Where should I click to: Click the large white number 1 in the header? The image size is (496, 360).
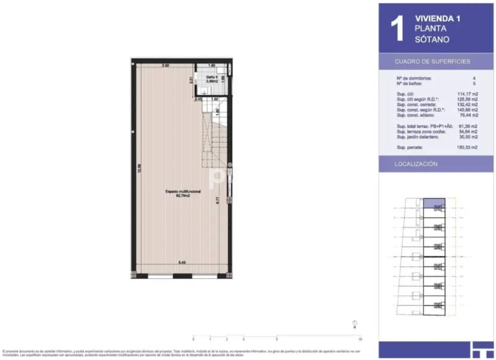coord(396,29)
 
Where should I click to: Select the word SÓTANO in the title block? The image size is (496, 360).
coord(432,39)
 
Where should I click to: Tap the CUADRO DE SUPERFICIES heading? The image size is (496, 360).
coord(432,61)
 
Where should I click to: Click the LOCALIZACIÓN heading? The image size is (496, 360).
coord(416,164)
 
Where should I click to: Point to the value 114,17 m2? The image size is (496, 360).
coord(468,94)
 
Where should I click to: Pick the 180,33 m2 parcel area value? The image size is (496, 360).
coord(468,147)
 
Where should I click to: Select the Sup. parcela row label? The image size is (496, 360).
coord(409,147)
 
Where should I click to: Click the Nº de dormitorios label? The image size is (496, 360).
coord(413,78)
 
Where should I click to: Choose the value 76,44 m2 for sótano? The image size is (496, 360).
coord(468,115)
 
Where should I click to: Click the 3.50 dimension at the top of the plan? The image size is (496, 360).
coord(165,66)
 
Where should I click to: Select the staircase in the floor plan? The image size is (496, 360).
coord(214,137)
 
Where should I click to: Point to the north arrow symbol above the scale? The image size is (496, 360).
coord(355,323)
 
